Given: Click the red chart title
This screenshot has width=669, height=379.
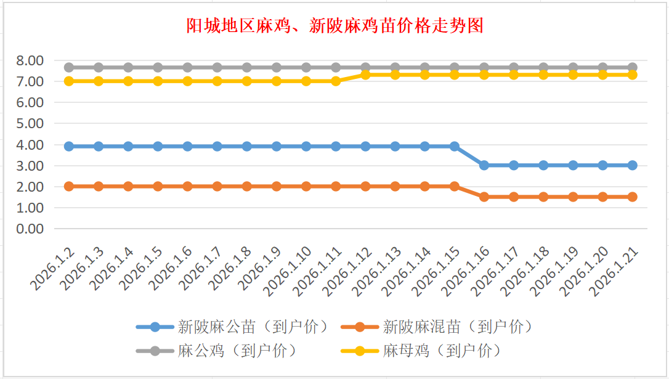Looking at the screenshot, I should (334, 26).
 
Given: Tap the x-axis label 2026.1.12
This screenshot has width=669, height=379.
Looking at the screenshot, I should (349, 271).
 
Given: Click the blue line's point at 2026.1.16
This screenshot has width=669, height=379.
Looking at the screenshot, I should (484, 165).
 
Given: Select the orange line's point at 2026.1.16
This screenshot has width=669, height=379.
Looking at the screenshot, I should (484, 197).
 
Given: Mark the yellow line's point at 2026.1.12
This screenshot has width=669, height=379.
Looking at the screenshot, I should (365, 74).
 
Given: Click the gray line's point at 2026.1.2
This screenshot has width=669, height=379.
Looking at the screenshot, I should (69, 67).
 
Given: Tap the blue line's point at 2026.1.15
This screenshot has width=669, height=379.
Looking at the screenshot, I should (455, 146).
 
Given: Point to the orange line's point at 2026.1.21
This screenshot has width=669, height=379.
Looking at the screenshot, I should (633, 197).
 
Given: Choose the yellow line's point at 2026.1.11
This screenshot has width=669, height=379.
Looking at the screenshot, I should (336, 81).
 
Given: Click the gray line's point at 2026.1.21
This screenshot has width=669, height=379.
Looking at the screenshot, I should (633, 67).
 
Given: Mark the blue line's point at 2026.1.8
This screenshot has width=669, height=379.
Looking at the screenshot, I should (247, 146).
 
